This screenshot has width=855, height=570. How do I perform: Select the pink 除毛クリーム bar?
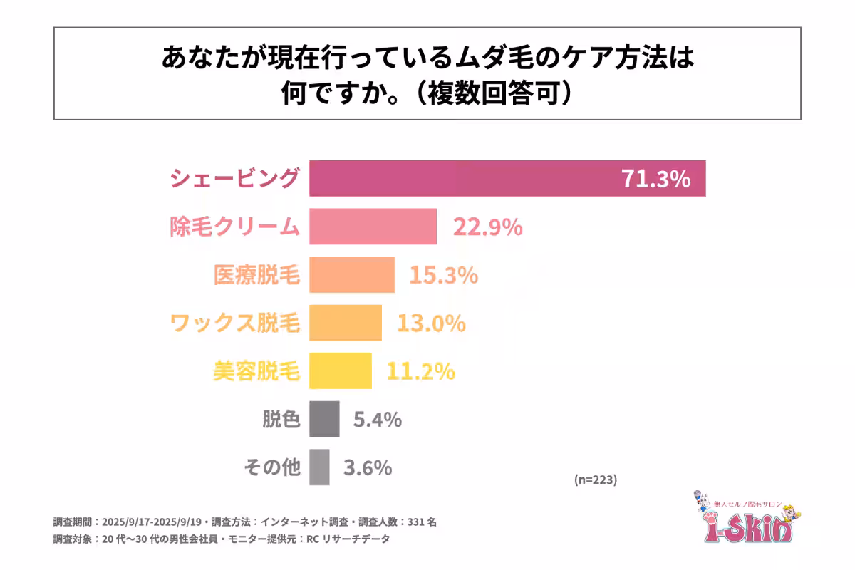click(x=373, y=227)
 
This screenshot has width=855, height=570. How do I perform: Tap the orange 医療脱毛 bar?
click(x=351, y=275)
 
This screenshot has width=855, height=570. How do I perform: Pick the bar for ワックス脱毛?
click(x=345, y=323)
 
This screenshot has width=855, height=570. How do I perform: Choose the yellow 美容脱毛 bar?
click(x=340, y=371)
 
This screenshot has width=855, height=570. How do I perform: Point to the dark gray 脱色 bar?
click(x=324, y=420)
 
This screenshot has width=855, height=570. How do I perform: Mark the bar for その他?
click(x=319, y=467)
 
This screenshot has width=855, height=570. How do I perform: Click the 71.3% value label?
click(x=655, y=179)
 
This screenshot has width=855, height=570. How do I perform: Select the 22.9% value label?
click(x=488, y=227)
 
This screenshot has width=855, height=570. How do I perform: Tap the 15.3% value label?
click(x=443, y=275)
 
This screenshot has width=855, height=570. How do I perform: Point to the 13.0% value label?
click(x=431, y=323)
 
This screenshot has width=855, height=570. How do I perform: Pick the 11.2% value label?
click(x=420, y=371)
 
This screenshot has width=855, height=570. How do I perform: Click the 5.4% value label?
click(x=378, y=420)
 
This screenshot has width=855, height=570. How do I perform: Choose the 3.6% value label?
click(x=368, y=468)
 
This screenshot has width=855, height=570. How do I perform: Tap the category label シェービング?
click(x=234, y=178)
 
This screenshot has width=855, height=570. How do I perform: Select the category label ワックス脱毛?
click(x=234, y=323)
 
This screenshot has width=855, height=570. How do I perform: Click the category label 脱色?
click(x=282, y=420)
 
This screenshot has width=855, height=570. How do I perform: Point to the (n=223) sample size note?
click(x=595, y=480)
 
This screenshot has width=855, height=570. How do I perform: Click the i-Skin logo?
click(x=745, y=518)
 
